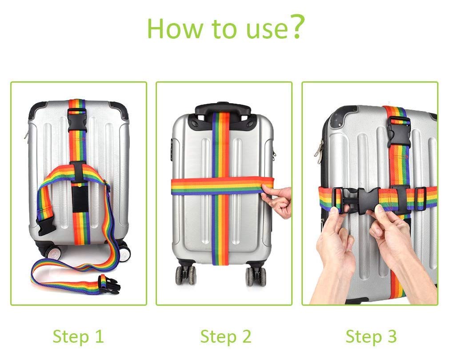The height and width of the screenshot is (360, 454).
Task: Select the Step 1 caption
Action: coord(78,337)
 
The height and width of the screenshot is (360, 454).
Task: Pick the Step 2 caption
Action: coord(226,337)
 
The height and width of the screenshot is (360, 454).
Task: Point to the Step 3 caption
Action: coord(371,337)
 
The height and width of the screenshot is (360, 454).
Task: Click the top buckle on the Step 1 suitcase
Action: coord(77,120)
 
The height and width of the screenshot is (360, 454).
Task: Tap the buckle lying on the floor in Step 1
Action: coord(109,284)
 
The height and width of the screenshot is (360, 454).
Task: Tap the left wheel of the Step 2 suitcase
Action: coord(185,275)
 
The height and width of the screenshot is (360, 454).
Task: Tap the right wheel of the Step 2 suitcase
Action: coord(256,276)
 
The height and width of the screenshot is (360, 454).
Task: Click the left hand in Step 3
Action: coord(333,258)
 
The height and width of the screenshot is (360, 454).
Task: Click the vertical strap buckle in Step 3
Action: coord(399,132)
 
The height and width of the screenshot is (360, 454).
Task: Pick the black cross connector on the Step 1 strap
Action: coord(78,172)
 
